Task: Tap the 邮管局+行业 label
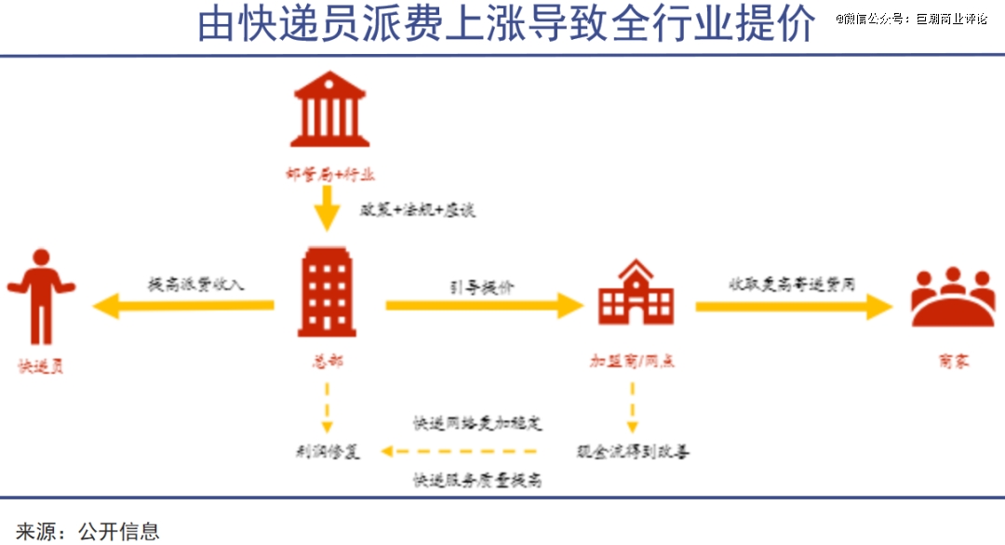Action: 329,174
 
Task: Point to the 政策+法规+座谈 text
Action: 418,210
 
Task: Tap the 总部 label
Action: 325,360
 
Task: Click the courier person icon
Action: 40,296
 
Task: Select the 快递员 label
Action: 41,366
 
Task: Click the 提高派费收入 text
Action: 196,284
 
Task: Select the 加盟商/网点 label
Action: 633,361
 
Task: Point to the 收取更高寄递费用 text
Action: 792,284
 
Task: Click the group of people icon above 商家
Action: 952,297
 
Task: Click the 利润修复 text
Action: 327,452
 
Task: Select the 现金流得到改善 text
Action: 633,452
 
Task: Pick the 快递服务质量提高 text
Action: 477,480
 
